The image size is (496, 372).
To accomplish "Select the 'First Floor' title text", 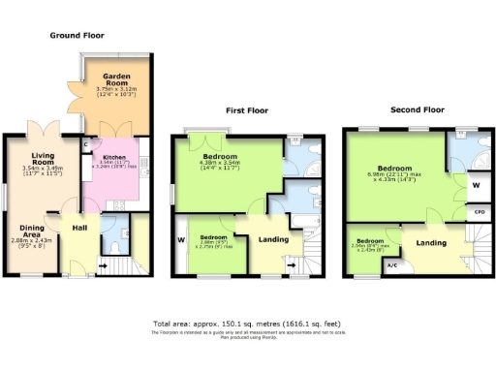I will point(247,110).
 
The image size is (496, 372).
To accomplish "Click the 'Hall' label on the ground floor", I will point(80,229).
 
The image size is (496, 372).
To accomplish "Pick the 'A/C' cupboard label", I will point(391,265).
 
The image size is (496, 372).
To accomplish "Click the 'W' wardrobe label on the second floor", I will point(475,184).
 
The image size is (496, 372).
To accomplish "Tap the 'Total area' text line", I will point(248,324).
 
